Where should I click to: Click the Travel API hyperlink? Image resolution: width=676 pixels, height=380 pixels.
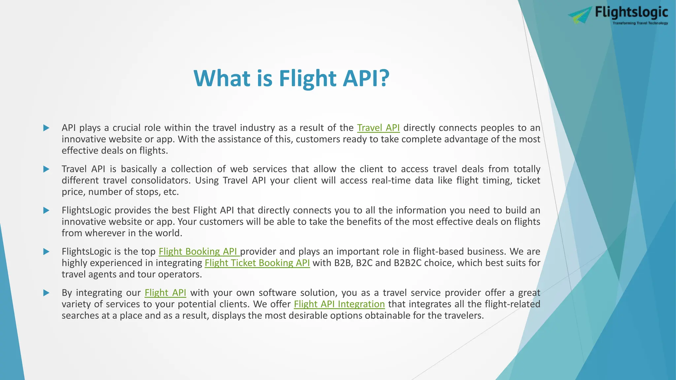click(378, 128)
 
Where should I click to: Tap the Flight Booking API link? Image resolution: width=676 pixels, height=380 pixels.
click(198, 251)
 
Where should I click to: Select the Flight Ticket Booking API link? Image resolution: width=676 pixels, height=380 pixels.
click(257, 263)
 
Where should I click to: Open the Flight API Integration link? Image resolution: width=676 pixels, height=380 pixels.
click(339, 304)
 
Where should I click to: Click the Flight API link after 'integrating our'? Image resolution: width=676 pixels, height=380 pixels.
click(165, 293)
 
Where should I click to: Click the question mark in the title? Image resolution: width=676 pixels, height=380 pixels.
click(383, 79)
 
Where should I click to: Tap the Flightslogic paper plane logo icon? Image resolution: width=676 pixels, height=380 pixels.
click(580, 15)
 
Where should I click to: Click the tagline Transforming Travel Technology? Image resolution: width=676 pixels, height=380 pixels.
click(640, 23)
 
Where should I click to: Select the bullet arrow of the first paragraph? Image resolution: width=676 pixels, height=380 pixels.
click(46, 128)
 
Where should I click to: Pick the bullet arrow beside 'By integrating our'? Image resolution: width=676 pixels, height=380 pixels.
click(46, 293)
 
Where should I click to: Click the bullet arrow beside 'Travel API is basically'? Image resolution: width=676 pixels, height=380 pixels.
click(46, 169)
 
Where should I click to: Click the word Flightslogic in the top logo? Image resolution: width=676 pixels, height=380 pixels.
click(631, 13)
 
